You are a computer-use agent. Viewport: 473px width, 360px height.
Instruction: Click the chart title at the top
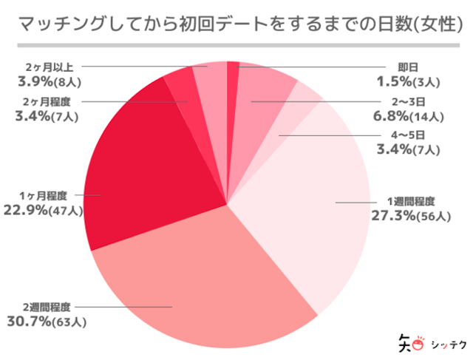click(236, 25)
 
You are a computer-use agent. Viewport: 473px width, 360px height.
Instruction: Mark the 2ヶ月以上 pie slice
click(210, 78)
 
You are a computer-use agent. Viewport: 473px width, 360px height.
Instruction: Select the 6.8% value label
click(392, 115)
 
